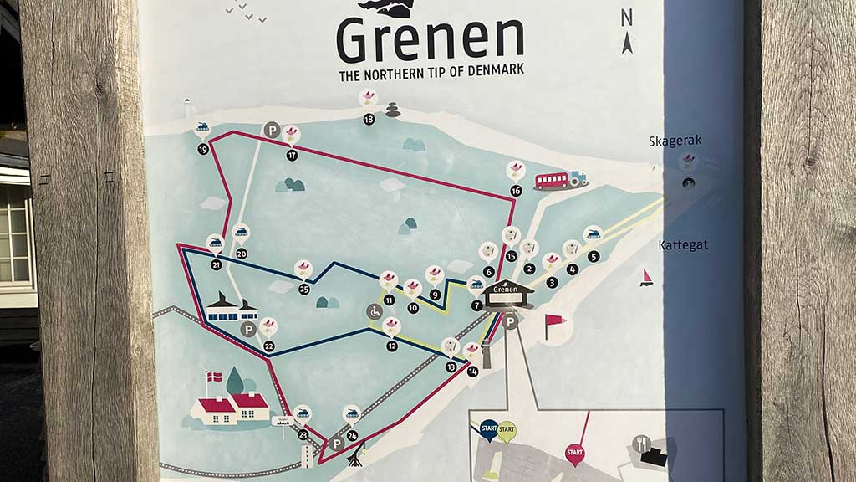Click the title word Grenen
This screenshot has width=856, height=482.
point(430,39)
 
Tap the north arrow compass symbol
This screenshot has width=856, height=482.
point(627,31)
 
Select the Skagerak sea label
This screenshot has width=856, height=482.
point(675,141)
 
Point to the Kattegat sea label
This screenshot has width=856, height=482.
point(683,245)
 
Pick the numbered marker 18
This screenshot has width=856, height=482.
point(369,119)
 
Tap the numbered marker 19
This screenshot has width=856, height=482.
point(203,149)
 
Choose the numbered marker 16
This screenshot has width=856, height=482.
point(516,191)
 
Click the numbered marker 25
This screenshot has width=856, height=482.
point(303,289)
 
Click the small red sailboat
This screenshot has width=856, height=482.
point(646,278)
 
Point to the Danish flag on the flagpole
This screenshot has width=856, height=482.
point(215,377)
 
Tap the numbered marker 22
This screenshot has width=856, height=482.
point(268,346)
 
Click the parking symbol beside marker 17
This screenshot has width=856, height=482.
point(272,130)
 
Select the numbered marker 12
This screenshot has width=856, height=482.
point(392,346)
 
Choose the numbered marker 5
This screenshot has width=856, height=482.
point(594,257)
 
